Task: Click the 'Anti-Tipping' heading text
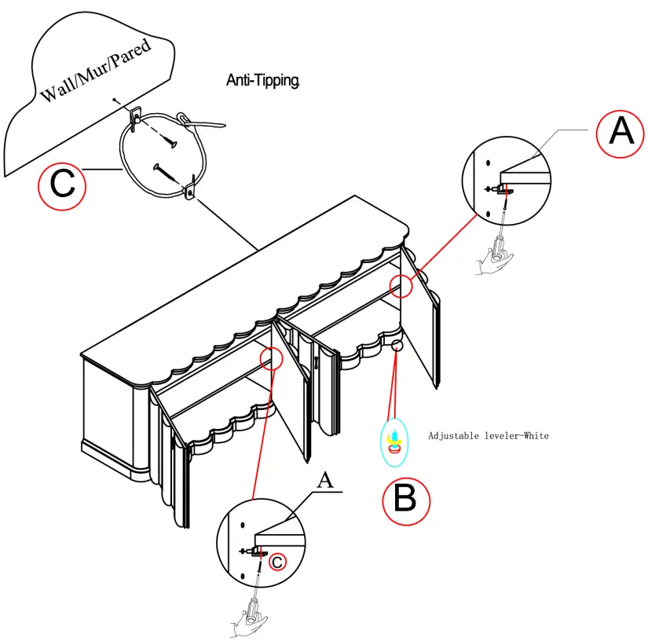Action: (x=263, y=80)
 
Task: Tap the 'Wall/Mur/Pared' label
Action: (x=96, y=70)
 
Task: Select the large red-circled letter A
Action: (x=621, y=134)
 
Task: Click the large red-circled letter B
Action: (x=406, y=501)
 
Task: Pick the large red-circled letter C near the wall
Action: (x=62, y=186)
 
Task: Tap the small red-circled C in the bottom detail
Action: (x=277, y=562)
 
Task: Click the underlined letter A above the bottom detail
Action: (x=326, y=481)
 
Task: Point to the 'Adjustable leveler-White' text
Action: (x=489, y=436)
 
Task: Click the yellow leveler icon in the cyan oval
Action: (x=394, y=441)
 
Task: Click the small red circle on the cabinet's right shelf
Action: (x=401, y=286)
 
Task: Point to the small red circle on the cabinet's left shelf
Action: (x=272, y=358)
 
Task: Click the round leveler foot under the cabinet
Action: (x=397, y=344)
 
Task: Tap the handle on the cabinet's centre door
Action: (x=317, y=362)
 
